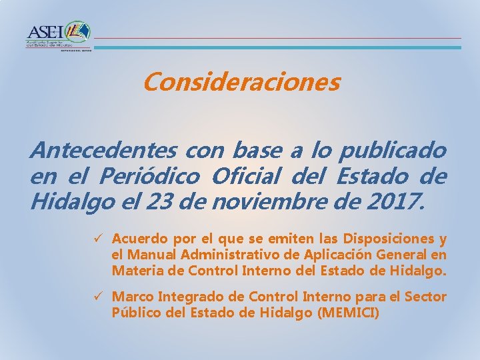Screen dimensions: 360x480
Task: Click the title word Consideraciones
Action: [241, 83]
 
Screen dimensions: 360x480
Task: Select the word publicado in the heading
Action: [393, 150]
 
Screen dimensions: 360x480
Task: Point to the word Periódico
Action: [149, 176]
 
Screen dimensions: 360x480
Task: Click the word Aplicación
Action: [347, 255]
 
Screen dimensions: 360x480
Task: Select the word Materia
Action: [134, 271]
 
